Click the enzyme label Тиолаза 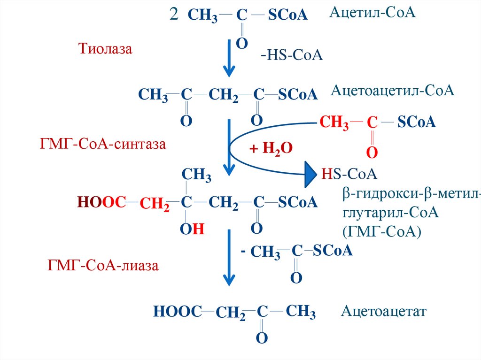[x=105, y=48]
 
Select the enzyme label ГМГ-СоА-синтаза [x=103, y=143]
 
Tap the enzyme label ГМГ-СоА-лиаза [x=103, y=266]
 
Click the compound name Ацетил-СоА [x=372, y=13]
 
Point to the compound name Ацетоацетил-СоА [x=393, y=90]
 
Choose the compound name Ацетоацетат [x=384, y=311]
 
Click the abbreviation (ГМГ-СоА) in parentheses [x=382, y=231]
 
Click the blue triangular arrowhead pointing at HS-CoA [x=310, y=175]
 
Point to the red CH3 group [x=334, y=123]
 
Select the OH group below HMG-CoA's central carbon [x=192, y=229]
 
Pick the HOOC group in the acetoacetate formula [x=177, y=311]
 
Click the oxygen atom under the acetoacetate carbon [x=262, y=337]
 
